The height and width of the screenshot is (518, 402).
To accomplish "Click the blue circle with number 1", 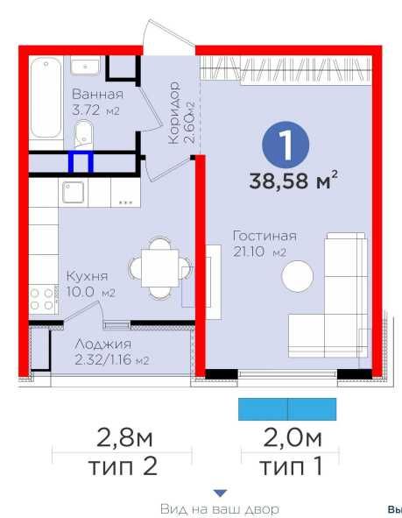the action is tap(286, 145).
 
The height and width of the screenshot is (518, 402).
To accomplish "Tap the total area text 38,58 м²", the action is tap(293, 181).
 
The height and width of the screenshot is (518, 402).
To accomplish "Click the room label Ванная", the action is tap(97, 94).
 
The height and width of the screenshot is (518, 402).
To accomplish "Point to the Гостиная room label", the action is tap(264, 236).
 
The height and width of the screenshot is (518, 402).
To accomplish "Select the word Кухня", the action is tap(87, 276).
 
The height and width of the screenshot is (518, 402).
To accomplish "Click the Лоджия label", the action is tap(103, 344).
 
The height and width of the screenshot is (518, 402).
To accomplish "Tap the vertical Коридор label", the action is tap(174, 113).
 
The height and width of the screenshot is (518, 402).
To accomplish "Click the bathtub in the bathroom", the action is tap(46, 98).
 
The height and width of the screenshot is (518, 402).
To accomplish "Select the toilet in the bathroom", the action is tap(84, 133).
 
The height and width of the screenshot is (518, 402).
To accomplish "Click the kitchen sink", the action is tap(73, 192).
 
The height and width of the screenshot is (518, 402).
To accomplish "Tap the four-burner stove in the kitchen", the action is tap(43, 299).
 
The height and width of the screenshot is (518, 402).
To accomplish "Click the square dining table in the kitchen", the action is tap(160, 268).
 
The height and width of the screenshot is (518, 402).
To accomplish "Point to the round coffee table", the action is tap(297, 276).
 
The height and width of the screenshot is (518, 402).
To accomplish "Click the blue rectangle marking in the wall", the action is tap(81, 162).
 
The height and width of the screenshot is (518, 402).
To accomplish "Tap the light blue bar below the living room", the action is tap(287, 409).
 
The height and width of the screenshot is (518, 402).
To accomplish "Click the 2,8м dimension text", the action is tap(124, 438).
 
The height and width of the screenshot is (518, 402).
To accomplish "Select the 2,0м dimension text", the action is tap(293, 438).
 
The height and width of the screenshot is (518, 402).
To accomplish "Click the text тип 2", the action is tap(123, 466).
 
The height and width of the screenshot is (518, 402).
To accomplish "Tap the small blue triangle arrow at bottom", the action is tap(220, 493).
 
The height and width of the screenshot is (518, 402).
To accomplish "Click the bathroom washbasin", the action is tap(85, 67).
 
